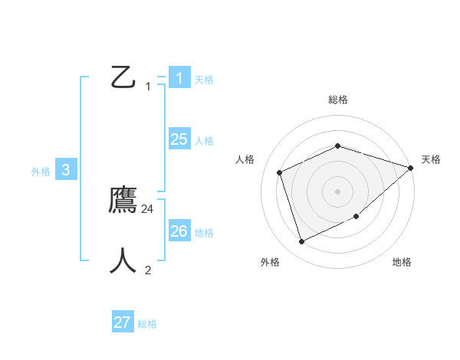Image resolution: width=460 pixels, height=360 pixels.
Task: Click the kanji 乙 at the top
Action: [x=123, y=77]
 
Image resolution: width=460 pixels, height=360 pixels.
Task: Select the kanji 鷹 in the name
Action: [x=123, y=201]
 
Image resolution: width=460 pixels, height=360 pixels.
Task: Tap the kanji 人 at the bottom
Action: [x=123, y=260]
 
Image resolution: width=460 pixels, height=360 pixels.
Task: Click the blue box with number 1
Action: [x=179, y=77]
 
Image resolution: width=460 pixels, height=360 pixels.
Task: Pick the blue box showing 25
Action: [x=179, y=139]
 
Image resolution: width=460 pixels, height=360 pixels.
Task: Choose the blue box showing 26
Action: [x=179, y=231]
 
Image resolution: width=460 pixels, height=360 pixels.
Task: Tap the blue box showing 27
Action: [x=122, y=322]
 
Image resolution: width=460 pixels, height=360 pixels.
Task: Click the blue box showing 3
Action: [x=66, y=170]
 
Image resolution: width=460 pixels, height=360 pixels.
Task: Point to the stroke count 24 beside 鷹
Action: [x=148, y=208]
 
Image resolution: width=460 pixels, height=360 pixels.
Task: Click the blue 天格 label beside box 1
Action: [x=204, y=79]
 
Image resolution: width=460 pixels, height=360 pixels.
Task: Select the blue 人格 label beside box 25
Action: [x=204, y=141]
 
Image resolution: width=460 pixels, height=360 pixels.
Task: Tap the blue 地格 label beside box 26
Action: [x=204, y=233]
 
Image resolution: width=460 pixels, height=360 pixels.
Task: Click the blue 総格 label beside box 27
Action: [x=147, y=324]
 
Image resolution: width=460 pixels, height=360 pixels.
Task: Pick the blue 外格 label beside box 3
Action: [x=41, y=172]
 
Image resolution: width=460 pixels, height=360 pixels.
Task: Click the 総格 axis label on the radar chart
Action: [x=338, y=100]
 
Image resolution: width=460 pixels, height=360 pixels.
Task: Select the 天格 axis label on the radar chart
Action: [x=431, y=159]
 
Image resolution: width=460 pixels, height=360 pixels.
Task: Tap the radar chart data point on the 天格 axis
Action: [x=410, y=168]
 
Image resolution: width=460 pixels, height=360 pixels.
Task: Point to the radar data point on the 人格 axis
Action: [x=280, y=172]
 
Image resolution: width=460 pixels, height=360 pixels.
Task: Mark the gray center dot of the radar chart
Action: [x=337, y=191]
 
